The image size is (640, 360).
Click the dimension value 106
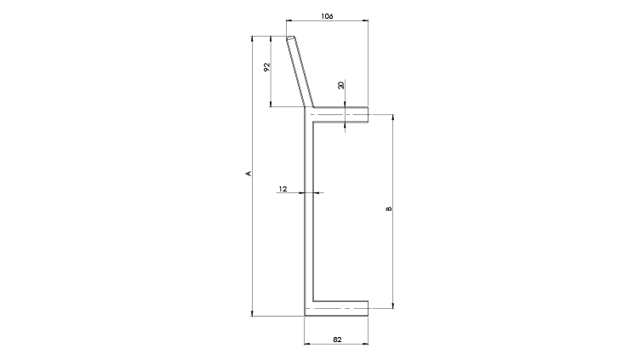pyautogui.click(x=327, y=16)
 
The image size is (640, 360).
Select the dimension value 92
pyautogui.click(x=267, y=67)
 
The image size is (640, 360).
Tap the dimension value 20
pyautogui.click(x=340, y=85)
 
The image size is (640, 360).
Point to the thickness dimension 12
pyautogui.click(x=283, y=189)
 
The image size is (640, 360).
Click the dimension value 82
pyautogui.click(x=337, y=340)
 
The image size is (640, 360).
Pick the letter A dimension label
pyautogui.click(x=248, y=174)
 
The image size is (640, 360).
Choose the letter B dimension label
pyautogui.click(x=389, y=209)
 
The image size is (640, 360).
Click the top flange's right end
pyautogui.click(x=369, y=114)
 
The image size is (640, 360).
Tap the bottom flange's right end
pyautogui.click(x=369, y=308)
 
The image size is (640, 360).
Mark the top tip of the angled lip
pyautogui.click(x=290, y=37)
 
